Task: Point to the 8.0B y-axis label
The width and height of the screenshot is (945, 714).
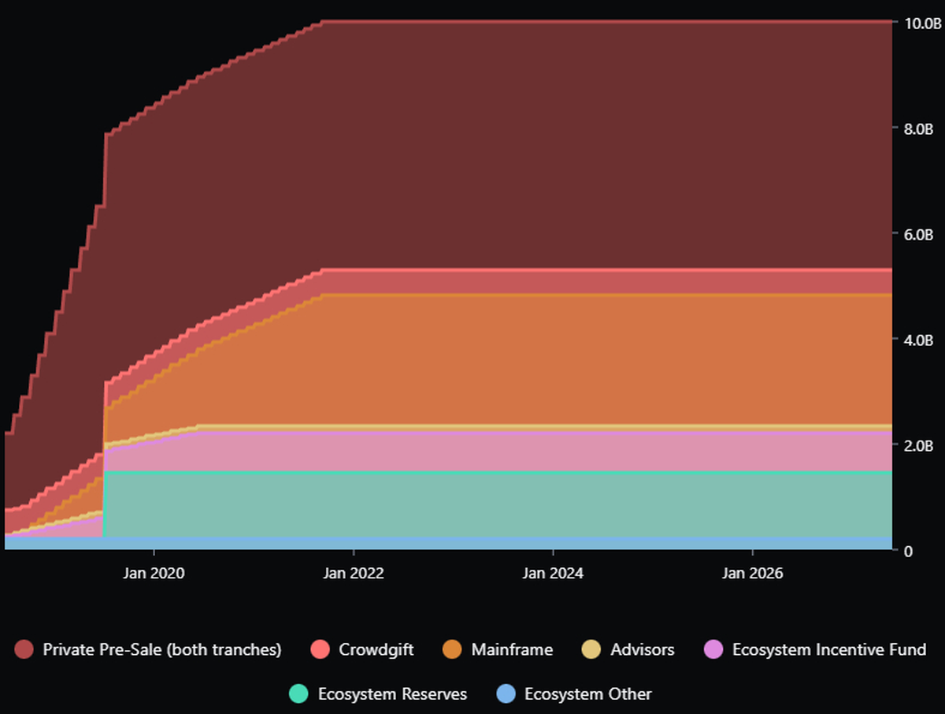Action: [917, 128]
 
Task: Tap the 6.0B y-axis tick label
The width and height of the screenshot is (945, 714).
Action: [917, 234]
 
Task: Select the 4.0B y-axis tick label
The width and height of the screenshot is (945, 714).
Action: [917, 340]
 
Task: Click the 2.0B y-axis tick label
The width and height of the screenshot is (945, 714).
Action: [917, 445]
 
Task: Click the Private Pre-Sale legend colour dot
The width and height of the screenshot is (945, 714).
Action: [24, 650]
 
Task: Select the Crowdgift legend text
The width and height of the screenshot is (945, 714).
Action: [376, 650]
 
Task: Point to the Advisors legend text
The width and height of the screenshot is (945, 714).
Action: [642, 650]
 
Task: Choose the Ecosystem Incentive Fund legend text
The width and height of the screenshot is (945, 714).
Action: [828, 650]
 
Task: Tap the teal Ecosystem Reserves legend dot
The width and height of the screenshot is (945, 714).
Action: [299, 694]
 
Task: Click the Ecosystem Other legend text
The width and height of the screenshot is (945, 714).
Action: [587, 694]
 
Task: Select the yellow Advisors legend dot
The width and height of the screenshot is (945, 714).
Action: [592, 650]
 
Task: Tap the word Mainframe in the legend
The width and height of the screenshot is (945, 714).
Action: [512, 650]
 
